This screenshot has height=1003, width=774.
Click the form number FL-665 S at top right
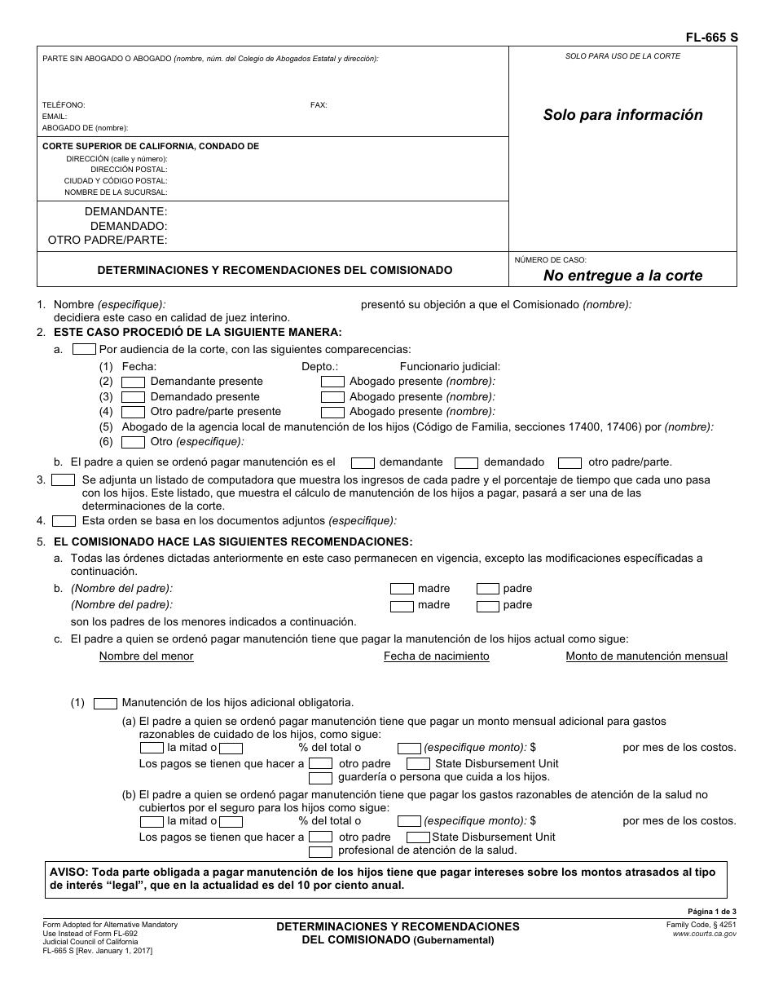tap(707, 38)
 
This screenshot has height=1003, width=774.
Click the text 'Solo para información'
tap(622, 115)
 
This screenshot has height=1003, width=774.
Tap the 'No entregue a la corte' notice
tap(622, 276)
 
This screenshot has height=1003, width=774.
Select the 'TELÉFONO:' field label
tap(64, 105)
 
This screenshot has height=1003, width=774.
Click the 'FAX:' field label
tap(319, 105)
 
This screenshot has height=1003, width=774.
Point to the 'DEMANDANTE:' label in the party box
tap(125, 211)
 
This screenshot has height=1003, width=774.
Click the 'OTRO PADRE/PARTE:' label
tap(108, 240)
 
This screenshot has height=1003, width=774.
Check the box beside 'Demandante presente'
tap(133, 382)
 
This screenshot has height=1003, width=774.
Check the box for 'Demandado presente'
tap(133, 397)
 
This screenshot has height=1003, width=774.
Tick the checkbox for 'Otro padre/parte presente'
tap(133, 412)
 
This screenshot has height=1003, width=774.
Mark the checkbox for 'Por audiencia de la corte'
tap(85, 349)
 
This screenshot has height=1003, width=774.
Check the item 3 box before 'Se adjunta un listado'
tap(64, 480)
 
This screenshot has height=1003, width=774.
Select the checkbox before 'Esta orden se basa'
tap(64, 520)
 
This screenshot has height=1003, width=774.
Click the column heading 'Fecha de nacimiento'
tap(436, 656)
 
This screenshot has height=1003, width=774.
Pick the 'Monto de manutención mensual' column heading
tap(646, 656)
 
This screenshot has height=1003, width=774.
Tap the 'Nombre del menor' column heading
tap(146, 656)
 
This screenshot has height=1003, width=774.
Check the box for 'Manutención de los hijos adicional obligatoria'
tap(106, 702)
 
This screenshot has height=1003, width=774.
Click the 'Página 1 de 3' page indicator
tap(712, 912)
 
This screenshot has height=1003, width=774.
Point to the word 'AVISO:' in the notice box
tap(68, 873)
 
